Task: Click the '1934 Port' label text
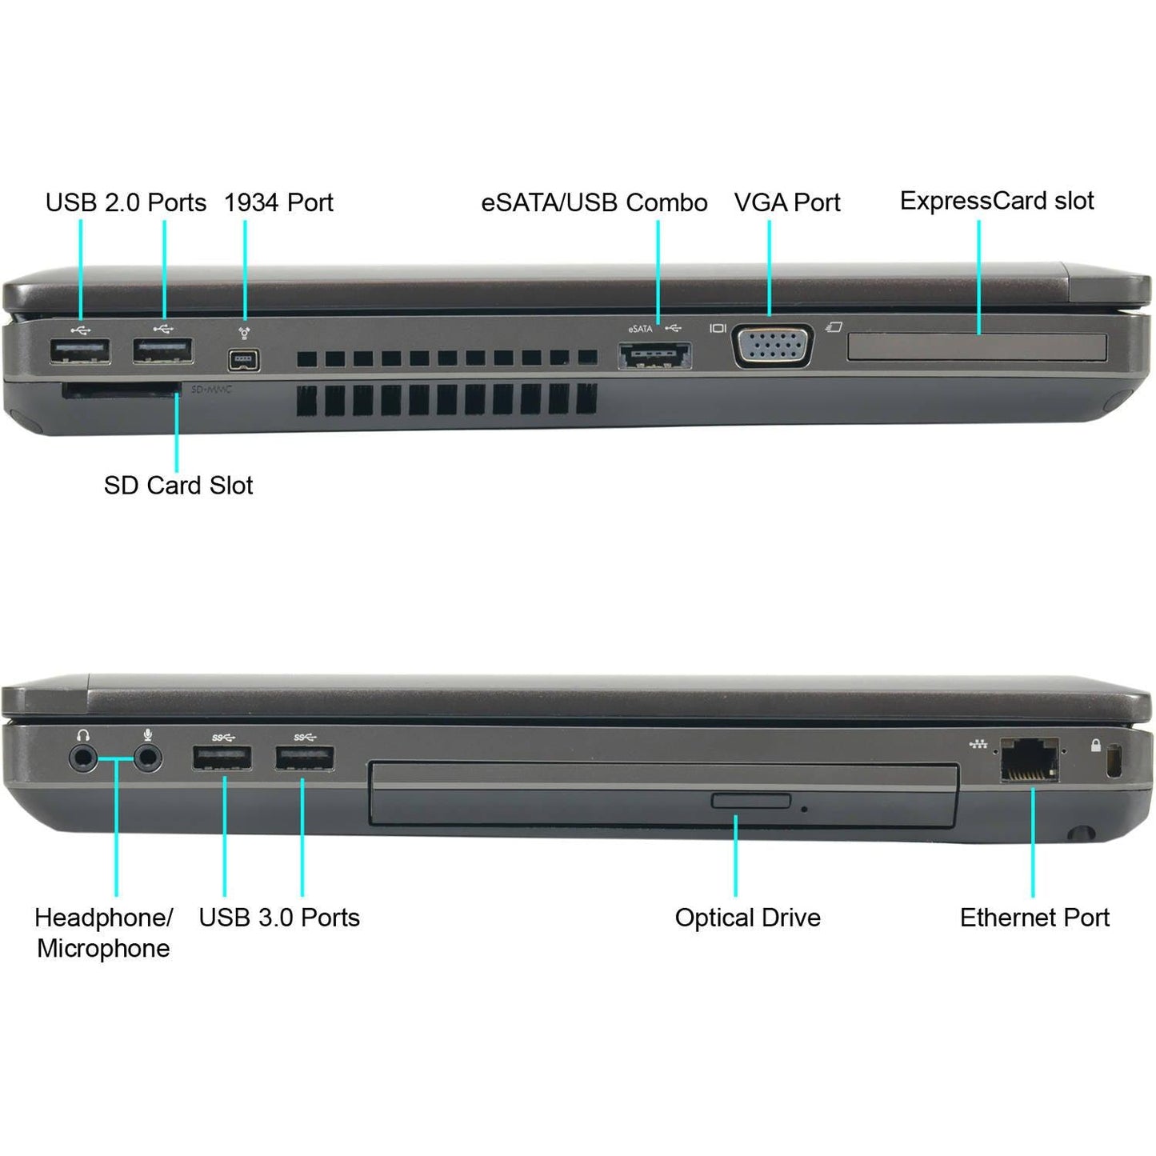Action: point(278,202)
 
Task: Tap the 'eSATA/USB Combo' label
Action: point(594,202)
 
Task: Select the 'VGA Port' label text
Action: point(787,202)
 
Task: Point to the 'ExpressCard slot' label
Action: point(997,201)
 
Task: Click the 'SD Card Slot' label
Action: point(178,486)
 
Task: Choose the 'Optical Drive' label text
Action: point(747,918)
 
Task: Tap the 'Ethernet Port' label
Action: point(1034,918)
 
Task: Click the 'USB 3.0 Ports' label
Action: point(279,918)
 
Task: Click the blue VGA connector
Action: point(773,346)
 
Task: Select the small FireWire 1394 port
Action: point(243,360)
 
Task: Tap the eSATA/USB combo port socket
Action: point(654,355)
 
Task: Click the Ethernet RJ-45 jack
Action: point(1030,759)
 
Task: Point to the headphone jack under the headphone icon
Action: point(82,758)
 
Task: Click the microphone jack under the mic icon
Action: point(147,758)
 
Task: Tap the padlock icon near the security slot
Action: point(1095,746)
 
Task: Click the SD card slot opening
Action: point(121,390)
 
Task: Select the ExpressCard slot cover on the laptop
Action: point(977,348)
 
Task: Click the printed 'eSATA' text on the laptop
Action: point(640,329)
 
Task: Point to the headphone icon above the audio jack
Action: point(83,735)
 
